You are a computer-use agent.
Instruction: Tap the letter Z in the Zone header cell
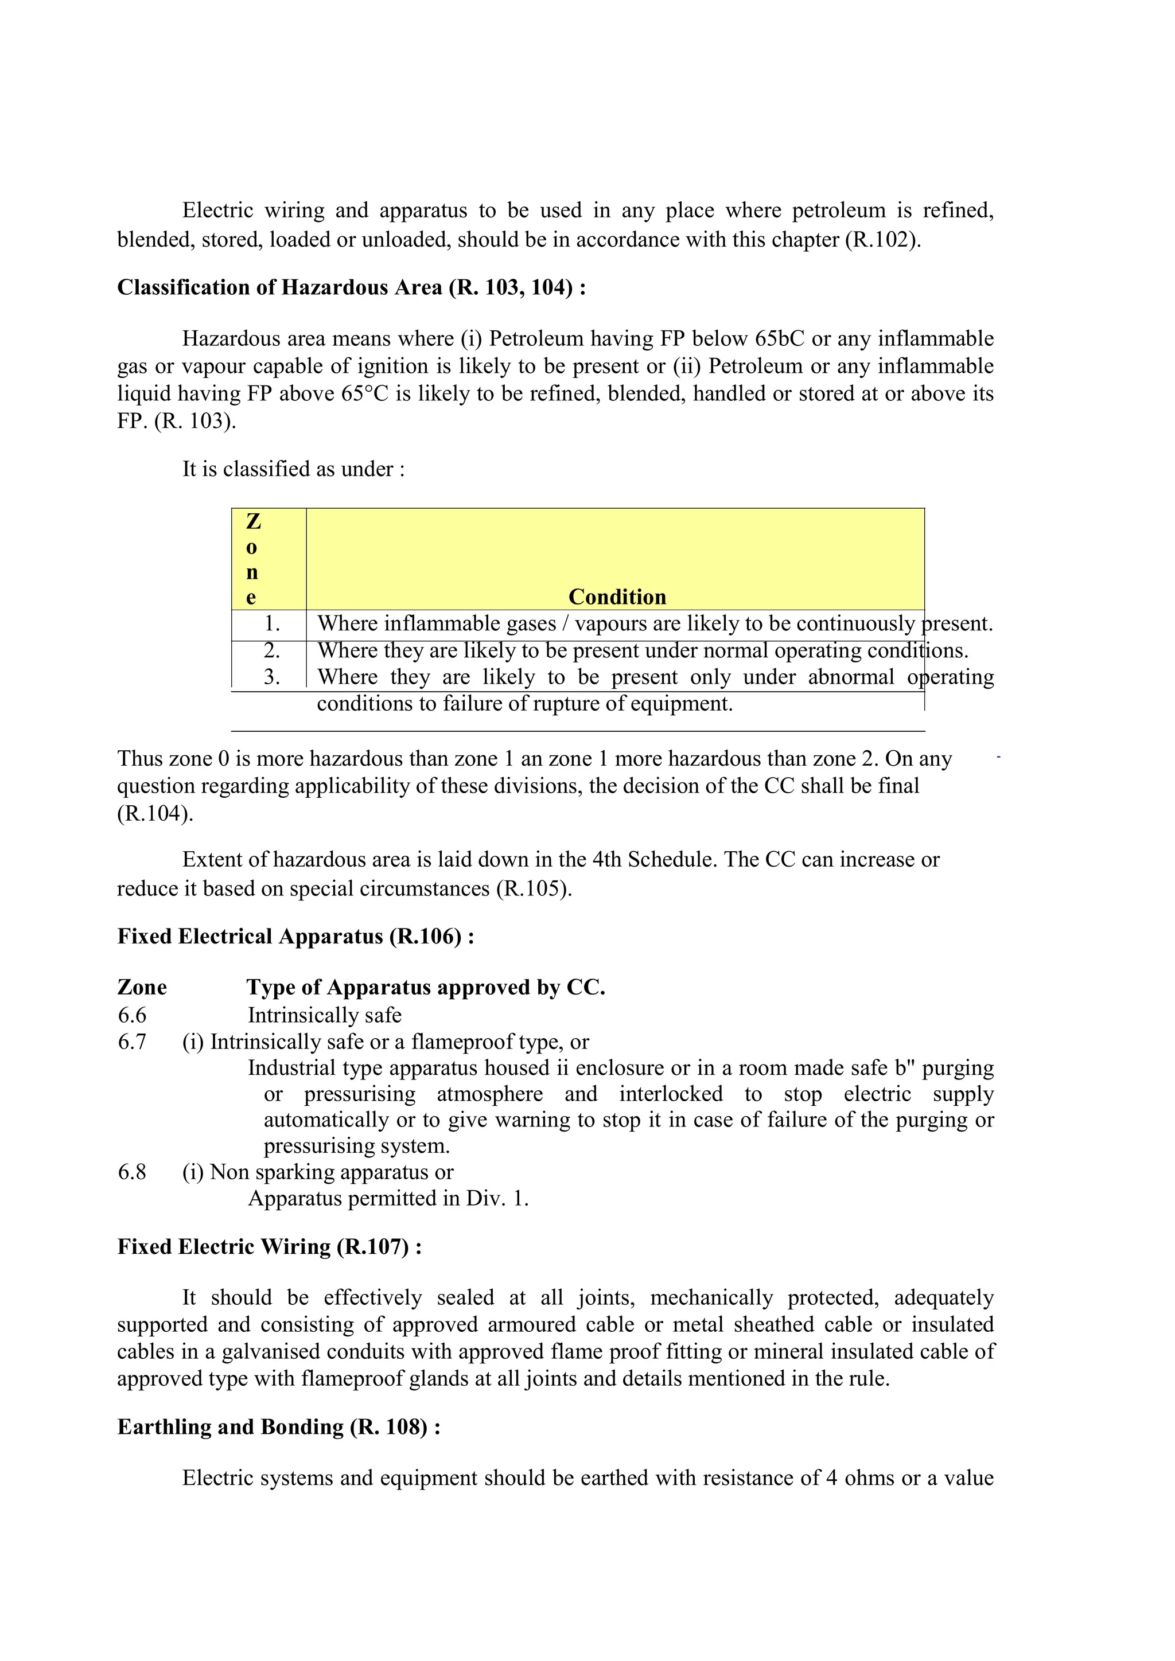point(253,521)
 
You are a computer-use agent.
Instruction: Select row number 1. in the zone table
point(271,623)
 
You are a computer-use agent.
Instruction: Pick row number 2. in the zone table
point(271,650)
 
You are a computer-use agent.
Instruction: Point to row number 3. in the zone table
point(271,677)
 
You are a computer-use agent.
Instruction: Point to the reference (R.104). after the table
point(155,814)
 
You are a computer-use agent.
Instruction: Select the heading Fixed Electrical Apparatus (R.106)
point(295,937)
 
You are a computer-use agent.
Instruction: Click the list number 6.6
point(132,1016)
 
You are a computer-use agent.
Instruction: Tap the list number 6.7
point(132,1042)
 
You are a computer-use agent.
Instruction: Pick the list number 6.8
point(132,1172)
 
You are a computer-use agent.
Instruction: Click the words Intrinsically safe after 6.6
point(324,1016)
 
